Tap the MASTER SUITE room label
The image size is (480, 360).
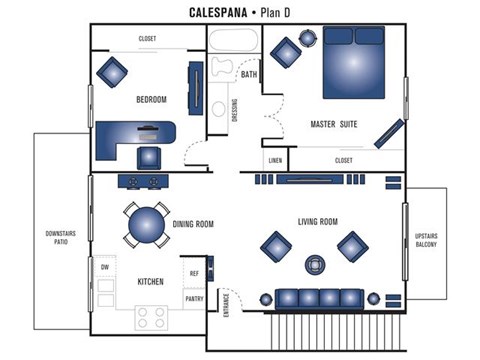point(334,124)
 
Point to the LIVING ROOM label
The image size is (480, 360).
point(318,221)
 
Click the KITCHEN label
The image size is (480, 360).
point(150,282)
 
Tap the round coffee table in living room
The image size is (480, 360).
point(317,265)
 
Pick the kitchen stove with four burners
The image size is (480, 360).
point(151,317)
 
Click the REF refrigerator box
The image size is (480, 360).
point(194,271)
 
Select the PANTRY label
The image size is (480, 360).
point(194,299)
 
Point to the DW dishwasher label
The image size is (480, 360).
point(104,267)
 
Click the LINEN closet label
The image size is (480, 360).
point(274,159)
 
